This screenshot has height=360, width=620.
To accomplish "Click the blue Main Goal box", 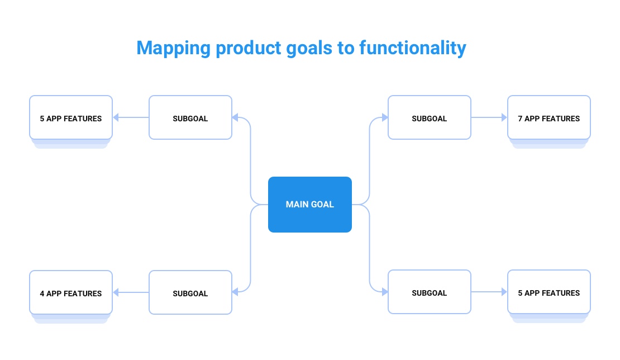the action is point(309,205).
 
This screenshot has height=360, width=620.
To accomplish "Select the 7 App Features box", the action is point(549,117).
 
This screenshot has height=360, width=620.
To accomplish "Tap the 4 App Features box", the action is point(71,292).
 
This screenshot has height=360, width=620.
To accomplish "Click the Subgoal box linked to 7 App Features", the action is point(430,117).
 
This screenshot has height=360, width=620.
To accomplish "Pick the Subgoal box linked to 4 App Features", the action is point(190,292).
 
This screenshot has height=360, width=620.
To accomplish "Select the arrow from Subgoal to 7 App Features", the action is point(489,117).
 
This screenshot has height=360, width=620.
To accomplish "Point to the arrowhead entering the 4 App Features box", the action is point(116,292).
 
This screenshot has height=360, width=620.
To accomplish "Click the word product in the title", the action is point(249,48).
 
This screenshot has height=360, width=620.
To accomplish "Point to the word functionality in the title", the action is point(413,49).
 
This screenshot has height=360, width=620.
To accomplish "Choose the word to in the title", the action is point(346,49).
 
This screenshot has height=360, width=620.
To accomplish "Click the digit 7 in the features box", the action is point(520,119).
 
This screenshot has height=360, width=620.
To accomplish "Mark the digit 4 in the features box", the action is point(42,293).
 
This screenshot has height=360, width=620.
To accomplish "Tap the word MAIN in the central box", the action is point(295,205).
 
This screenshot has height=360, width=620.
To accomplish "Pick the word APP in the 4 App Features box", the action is point(54,293).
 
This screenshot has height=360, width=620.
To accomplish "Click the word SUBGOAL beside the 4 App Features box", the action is point(190,293).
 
